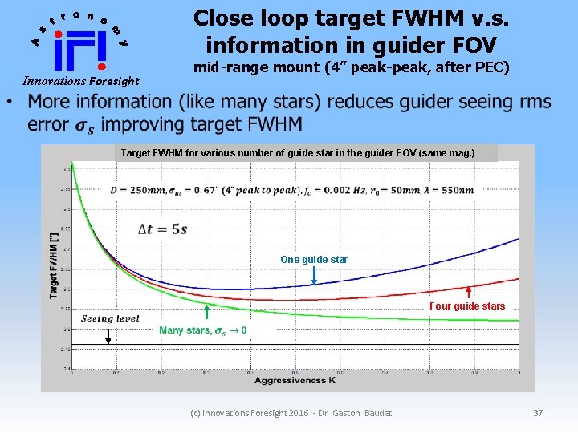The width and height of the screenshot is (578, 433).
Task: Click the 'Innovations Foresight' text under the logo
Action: click(x=80, y=81)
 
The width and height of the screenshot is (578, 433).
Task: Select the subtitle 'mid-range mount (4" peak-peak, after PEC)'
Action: click(x=352, y=67)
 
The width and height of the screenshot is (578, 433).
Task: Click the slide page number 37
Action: click(x=538, y=413)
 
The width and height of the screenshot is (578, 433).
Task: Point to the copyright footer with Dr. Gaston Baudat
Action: click(x=291, y=413)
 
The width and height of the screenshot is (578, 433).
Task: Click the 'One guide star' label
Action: click(x=314, y=260)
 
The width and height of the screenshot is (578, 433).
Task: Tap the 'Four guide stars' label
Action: click(x=467, y=306)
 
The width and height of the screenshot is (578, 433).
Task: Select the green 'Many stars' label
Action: click(x=202, y=330)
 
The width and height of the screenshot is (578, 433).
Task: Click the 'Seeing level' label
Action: click(x=110, y=318)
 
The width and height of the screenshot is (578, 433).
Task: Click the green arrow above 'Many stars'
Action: click(x=207, y=313)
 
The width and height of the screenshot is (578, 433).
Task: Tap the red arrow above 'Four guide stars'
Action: click(x=468, y=290)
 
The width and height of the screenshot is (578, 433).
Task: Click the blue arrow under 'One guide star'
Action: click(x=314, y=275)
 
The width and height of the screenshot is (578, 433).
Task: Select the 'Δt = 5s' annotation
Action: click(x=163, y=229)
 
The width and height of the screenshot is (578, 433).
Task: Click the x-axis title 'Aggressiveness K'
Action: click(x=295, y=381)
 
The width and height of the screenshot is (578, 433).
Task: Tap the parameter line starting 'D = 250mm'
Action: click(x=292, y=190)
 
